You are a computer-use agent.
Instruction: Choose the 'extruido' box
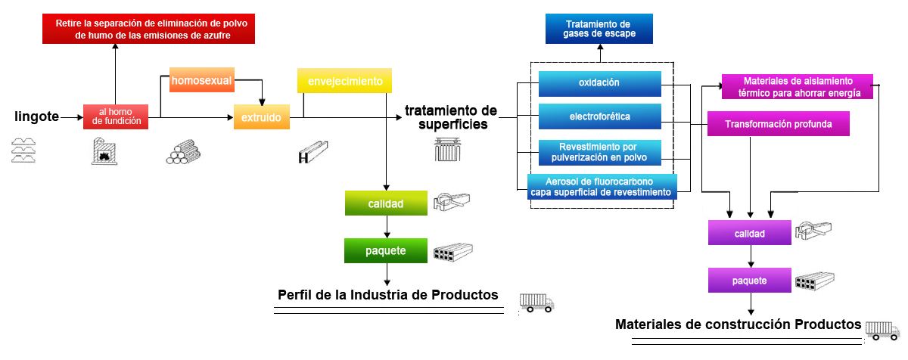261,118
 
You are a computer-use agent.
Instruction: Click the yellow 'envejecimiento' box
344,81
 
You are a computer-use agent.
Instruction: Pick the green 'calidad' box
385,203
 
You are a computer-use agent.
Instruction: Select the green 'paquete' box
385,250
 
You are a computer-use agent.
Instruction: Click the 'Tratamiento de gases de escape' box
599,29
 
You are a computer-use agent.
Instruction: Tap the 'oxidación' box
599,82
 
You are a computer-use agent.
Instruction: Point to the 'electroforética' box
599,116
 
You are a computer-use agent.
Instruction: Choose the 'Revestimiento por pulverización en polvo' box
599,152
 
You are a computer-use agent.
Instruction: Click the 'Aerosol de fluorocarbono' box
602,187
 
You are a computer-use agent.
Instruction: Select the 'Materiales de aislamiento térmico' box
798,86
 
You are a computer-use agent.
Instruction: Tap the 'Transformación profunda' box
779,124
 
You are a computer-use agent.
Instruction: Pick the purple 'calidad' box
749,234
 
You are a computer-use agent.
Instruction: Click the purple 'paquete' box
749,281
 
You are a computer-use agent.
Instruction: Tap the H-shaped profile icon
312,154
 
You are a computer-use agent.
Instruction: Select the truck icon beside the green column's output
536,303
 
